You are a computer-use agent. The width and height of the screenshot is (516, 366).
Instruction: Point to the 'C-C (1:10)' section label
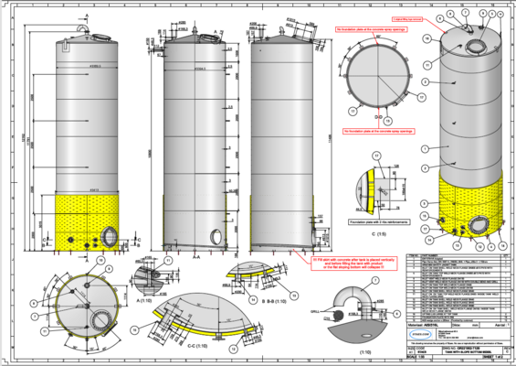click(190, 347)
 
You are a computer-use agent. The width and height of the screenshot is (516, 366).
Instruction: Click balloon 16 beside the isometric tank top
click(426, 38)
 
